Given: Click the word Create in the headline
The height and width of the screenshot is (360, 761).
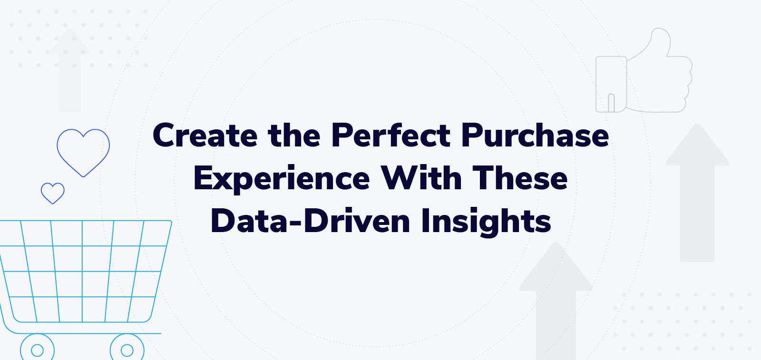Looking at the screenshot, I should tap(205, 136).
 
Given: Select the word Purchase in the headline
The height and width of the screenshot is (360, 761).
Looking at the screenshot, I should tap(535, 136).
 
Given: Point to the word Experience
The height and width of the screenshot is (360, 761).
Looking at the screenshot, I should tap(282, 179).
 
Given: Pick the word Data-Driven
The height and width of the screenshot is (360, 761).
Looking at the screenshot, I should tap(310, 221).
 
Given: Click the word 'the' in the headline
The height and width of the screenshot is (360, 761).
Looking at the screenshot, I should tap(294, 136).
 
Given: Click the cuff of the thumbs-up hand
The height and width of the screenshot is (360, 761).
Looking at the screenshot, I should tap(611, 85).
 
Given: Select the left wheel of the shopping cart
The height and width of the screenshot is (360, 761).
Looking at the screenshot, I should tap(37, 350).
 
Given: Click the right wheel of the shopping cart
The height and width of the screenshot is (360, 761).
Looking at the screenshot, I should tap(127, 350).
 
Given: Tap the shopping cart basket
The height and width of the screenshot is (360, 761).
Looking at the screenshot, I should tap(83, 271).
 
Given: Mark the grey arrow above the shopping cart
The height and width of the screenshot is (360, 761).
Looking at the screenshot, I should tap(69, 71).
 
